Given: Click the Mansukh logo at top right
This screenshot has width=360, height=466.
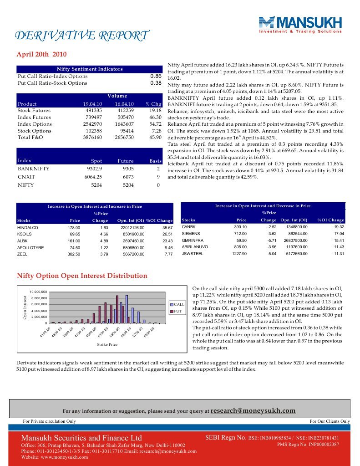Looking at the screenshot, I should [x=300, y=25].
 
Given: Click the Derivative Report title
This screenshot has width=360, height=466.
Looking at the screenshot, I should [x=82, y=36].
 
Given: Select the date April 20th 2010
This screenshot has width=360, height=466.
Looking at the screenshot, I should [x=41, y=54].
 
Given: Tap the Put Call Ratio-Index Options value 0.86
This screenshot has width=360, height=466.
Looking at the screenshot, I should [x=156, y=76].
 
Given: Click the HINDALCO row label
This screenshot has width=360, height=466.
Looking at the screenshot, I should [x=27, y=227].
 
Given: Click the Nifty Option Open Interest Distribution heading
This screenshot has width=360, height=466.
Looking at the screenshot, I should [x=82, y=276].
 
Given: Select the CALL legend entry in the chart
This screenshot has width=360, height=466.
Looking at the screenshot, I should [x=178, y=304].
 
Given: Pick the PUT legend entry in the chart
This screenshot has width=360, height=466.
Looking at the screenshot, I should [x=177, y=311].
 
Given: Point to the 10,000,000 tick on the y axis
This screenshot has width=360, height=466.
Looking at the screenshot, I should [x=38, y=292].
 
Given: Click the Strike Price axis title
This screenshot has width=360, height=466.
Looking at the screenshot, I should [x=107, y=344].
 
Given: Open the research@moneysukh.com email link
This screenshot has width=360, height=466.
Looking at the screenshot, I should [x=254, y=410].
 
